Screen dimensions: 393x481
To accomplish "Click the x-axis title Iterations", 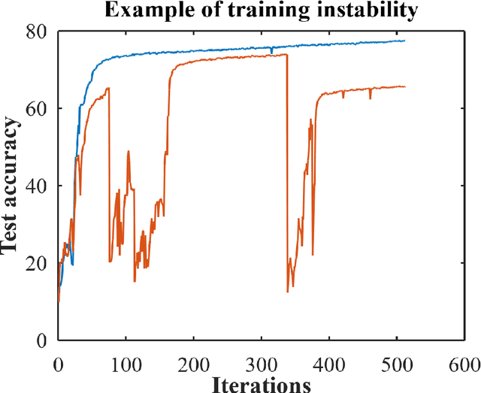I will point(262,384).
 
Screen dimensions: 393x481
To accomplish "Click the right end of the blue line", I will point(404,41).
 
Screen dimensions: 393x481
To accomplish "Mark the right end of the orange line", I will point(404,86).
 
